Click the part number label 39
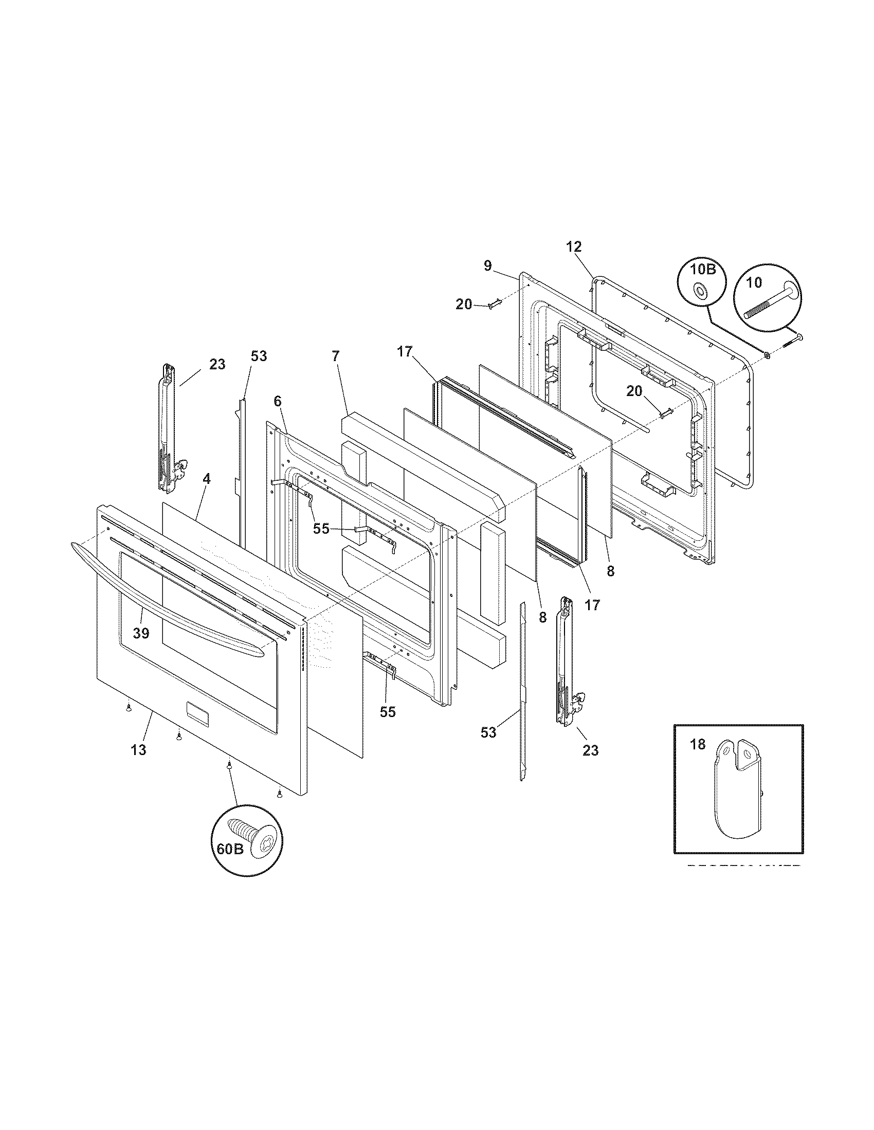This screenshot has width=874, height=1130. tap(141, 632)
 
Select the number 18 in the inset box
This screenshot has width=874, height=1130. tap(698, 744)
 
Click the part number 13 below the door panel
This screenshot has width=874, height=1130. tap(138, 749)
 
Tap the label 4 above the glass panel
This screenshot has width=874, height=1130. tap(207, 479)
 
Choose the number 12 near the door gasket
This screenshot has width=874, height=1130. tap(574, 246)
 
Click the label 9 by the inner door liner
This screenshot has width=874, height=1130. tap(487, 266)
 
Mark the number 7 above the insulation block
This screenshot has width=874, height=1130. tap(336, 356)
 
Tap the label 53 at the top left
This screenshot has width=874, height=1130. tap(259, 356)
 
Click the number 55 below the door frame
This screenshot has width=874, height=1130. tap(387, 712)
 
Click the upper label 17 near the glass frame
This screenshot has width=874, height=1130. tap(405, 352)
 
